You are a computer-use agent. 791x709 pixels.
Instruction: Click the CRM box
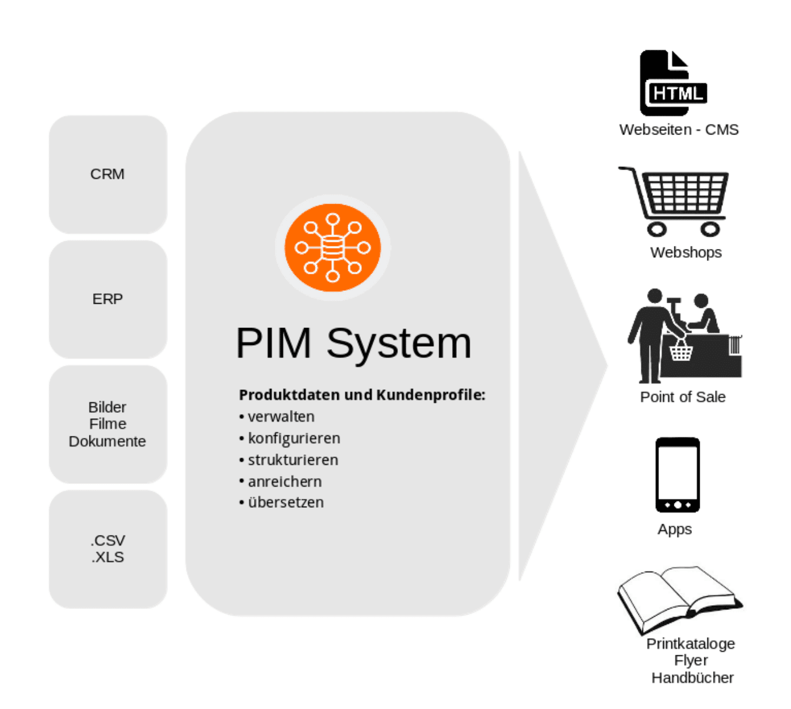(108, 175)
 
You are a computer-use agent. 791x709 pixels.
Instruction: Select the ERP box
(108, 299)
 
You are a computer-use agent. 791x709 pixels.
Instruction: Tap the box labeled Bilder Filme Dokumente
(108, 424)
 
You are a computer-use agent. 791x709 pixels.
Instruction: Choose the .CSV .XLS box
(108, 549)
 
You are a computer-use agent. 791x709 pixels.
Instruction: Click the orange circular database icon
(332, 248)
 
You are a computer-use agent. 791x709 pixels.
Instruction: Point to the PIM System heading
(354, 343)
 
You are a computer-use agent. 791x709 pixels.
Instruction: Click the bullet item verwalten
(281, 416)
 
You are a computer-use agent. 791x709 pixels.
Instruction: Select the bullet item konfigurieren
(294, 438)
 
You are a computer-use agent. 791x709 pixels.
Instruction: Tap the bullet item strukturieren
(293, 460)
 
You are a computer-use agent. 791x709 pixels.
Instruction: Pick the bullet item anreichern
(285, 481)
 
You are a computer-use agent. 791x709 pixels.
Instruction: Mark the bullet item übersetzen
(286, 503)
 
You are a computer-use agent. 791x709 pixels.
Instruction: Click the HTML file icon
(672, 83)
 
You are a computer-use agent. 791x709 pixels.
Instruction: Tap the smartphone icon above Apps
(677, 475)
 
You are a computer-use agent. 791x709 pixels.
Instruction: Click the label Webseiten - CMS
(678, 130)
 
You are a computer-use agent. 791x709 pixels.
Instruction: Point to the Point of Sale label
(683, 397)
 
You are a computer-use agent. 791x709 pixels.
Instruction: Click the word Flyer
(691, 661)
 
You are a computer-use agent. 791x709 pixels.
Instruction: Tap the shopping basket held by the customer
(681, 352)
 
